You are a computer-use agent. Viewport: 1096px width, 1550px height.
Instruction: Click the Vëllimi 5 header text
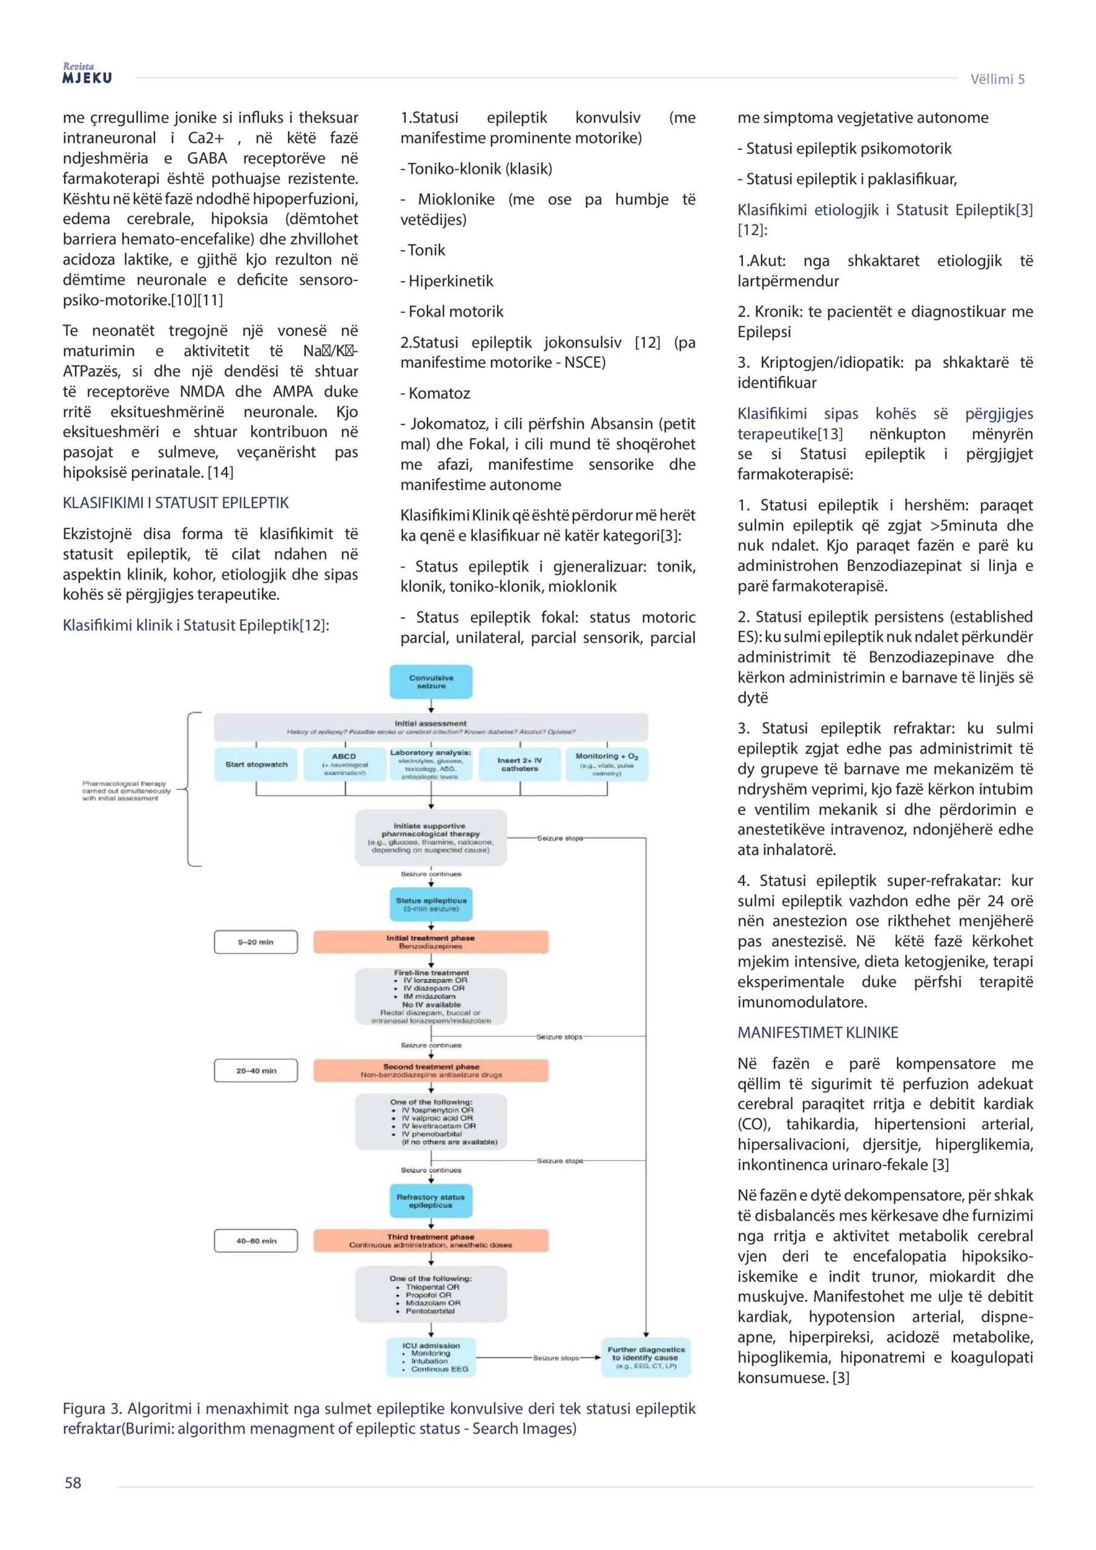997,79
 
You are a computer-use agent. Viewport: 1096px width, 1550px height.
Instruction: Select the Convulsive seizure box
431,682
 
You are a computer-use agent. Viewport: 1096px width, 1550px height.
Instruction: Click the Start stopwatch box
256,764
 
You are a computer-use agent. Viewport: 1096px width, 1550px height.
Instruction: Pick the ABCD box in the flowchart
345,764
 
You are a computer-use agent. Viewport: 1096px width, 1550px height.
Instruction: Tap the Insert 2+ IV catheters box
520,764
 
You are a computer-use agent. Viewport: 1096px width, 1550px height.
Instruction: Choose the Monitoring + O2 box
606,764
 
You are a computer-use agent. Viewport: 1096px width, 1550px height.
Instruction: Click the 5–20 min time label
256,942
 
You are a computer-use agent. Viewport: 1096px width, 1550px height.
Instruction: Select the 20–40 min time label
256,1070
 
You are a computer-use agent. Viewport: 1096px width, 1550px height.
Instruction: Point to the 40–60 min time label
256,1241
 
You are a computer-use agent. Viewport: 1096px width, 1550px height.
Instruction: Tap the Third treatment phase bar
431,1241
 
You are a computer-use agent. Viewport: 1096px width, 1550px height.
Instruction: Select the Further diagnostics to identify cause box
645,1357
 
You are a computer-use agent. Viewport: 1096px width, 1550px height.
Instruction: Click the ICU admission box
431,1357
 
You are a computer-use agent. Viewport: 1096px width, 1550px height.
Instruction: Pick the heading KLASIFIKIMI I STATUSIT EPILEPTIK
176,503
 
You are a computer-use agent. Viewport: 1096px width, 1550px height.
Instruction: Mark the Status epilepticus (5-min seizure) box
431,905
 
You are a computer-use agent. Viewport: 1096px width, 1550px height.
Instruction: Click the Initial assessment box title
431,724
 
